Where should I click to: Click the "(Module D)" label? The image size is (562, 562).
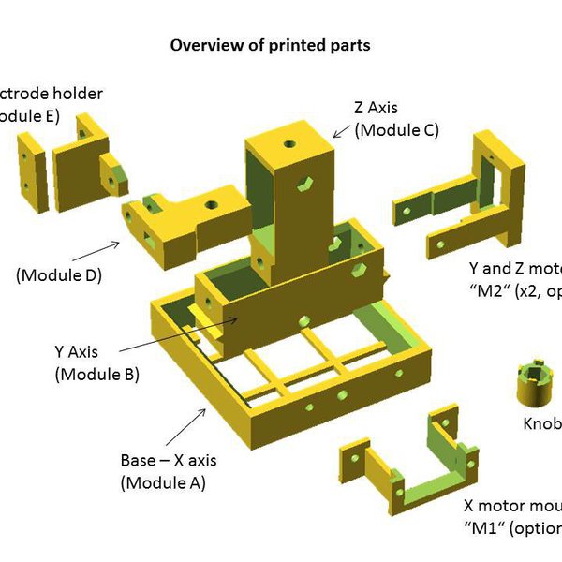click(58, 275)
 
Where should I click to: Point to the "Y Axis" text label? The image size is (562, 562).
click(79, 353)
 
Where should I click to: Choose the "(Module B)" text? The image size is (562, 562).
click(96, 374)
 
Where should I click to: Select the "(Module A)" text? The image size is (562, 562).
click(163, 483)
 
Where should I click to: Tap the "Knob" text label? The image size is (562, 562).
click(541, 424)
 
